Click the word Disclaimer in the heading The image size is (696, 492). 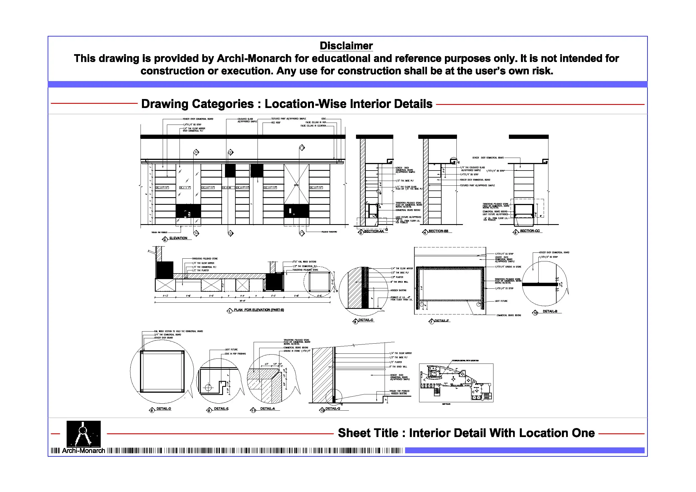[x=346, y=46]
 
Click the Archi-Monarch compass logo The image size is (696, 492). [x=83, y=433]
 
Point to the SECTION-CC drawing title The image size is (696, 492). [x=530, y=231]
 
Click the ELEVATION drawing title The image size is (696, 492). [x=178, y=238]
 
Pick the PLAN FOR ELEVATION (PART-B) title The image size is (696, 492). [x=259, y=310]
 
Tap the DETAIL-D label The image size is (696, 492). [x=164, y=409]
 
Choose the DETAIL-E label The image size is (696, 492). [x=221, y=409]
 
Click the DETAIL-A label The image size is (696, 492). [x=267, y=409]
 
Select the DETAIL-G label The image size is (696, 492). [x=332, y=409]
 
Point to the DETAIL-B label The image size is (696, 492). [x=550, y=311]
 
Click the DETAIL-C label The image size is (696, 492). [x=366, y=320]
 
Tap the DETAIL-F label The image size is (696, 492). [x=442, y=321]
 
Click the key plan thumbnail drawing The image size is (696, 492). [x=456, y=383]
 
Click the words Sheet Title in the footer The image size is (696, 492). [x=368, y=433]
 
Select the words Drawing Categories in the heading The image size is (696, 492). [x=197, y=104]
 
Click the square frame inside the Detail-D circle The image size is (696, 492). [x=162, y=372]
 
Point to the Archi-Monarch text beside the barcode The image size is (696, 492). [x=83, y=451]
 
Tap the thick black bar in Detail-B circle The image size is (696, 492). [x=539, y=285]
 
